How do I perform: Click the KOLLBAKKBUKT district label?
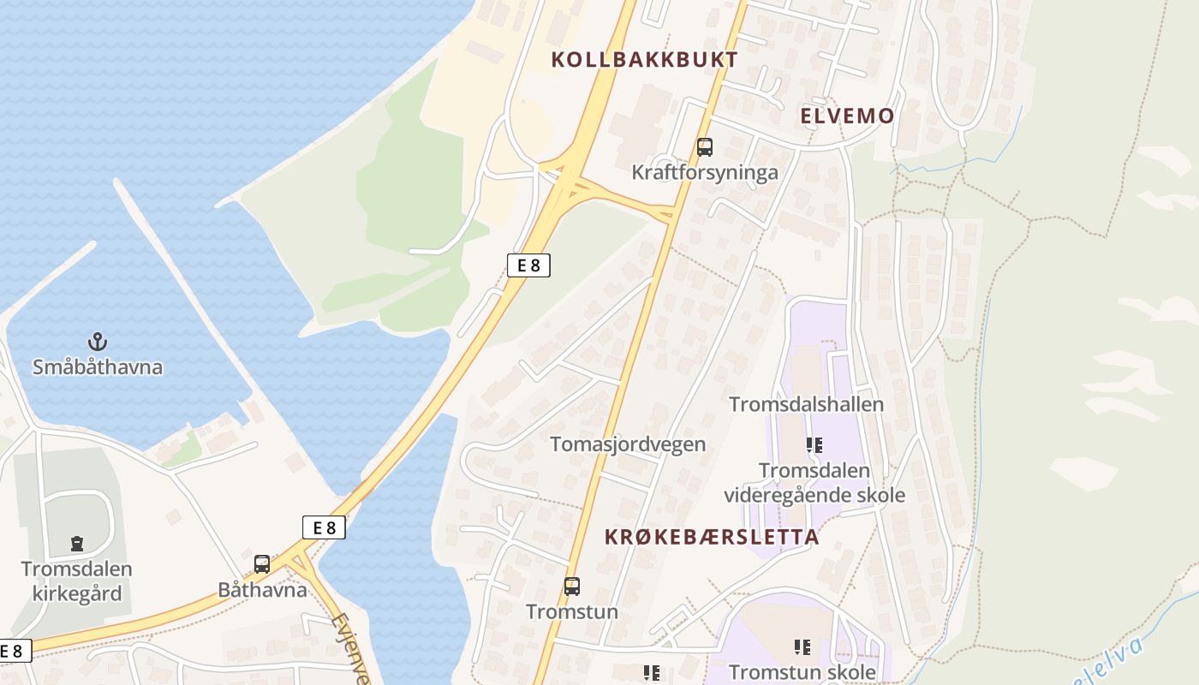click(x=644, y=59)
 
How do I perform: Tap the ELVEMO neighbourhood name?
click(x=847, y=116)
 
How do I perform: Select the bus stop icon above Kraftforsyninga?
click(x=704, y=146)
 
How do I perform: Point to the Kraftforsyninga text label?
click(x=705, y=172)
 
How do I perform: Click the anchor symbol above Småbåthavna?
click(x=98, y=342)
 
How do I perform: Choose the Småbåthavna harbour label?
click(x=98, y=367)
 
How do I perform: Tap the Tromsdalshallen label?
click(x=806, y=404)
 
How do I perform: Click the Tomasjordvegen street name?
click(x=628, y=444)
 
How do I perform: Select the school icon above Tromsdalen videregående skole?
click(x=814, y=444)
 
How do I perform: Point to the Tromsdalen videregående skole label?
click(x=814, y=483)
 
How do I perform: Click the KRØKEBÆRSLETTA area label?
click(x=712, y=537)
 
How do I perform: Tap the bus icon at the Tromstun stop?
click(x=571, y=587)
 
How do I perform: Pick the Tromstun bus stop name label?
click(x=571, y=611)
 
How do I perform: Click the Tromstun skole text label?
click(x=802, y=672)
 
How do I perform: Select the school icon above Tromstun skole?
click(x=802, y=647)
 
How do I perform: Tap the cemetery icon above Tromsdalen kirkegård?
click(x=77, y=544)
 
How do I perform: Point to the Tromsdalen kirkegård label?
click(x=77, y=581)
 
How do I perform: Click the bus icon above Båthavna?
click(x=262, y=564)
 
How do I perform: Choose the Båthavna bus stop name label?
click(x=262, y=589)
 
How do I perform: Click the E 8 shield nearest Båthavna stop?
click(x=324, y=527)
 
